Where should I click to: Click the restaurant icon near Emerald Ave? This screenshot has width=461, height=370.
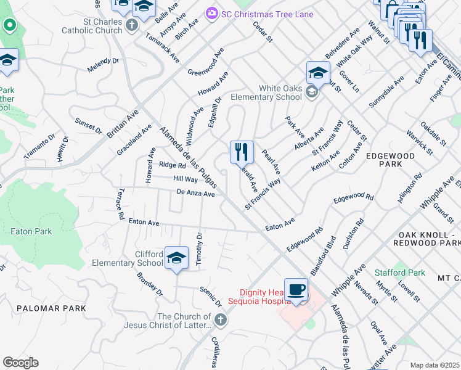coord(242,152)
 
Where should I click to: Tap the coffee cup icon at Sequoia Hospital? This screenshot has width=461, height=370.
coord(296,290)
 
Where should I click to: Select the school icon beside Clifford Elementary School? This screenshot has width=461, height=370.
coord(176,258)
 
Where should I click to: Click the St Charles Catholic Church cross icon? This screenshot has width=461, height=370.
coord(131,25)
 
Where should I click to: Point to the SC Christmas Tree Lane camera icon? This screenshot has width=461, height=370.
coord(212,14)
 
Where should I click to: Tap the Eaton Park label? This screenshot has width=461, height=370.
coord(31,232)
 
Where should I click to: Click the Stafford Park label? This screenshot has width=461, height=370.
coord(400,273)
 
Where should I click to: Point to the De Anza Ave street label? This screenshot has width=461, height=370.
coord(195,194)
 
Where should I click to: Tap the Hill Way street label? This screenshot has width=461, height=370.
coord(185,179)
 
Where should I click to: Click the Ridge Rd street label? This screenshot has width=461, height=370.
coord(172,165)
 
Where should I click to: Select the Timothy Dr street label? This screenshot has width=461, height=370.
coord(199,249)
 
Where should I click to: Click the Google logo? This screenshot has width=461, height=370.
coord(20,363)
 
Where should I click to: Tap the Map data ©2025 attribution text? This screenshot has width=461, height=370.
coord(434,365)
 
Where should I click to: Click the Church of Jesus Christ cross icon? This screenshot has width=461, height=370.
coord(221,321)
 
